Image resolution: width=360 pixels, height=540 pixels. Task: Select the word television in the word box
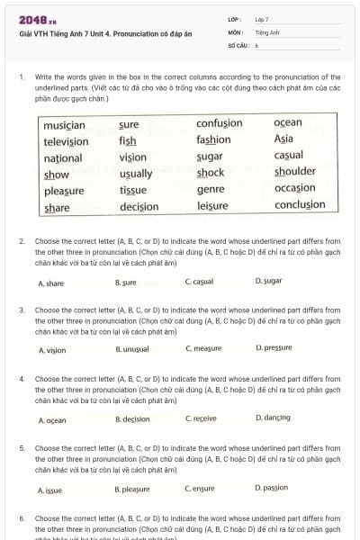[66, 141]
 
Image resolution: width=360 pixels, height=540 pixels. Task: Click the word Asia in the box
[283, 139]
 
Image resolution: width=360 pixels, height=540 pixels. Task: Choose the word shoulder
[295, 173]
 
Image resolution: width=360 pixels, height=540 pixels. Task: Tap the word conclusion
[300, 205]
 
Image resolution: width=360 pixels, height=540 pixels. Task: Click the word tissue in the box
[133, 190]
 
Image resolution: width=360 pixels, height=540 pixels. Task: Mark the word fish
[127, 140]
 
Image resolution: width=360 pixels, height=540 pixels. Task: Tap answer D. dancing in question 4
[273, 418]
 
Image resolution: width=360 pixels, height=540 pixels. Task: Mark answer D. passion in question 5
[272, 488]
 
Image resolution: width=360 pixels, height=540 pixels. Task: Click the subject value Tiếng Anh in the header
[267, 31]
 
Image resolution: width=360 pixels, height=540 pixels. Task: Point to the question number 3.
[21, 309]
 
